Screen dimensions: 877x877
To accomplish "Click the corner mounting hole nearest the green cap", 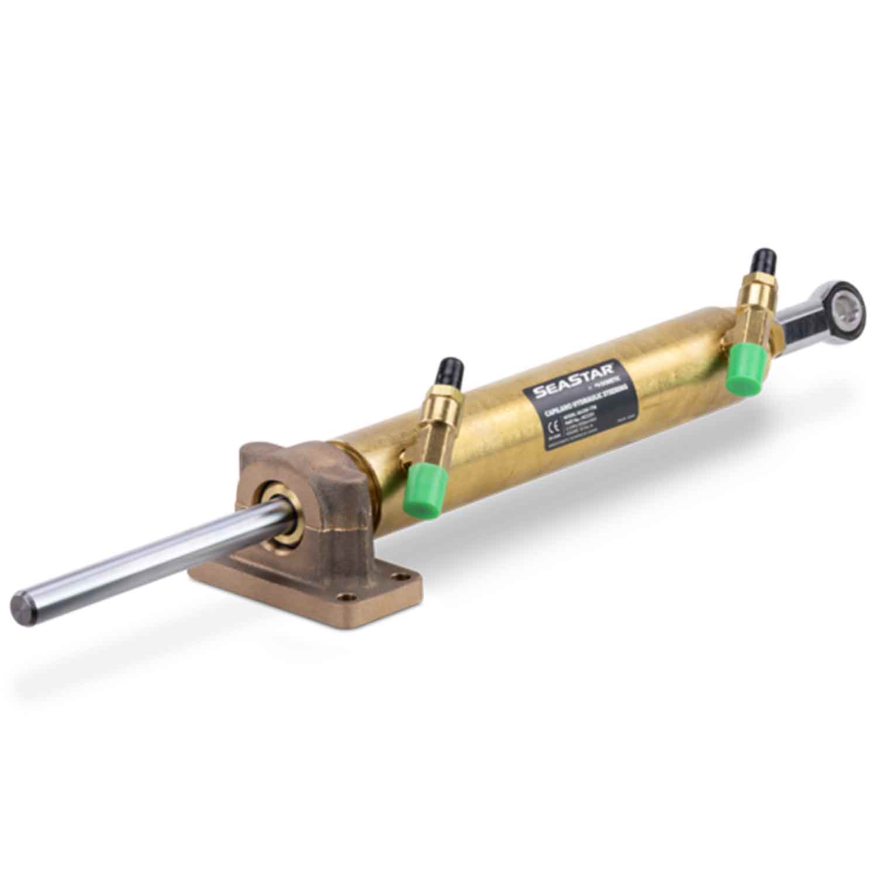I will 400,578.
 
